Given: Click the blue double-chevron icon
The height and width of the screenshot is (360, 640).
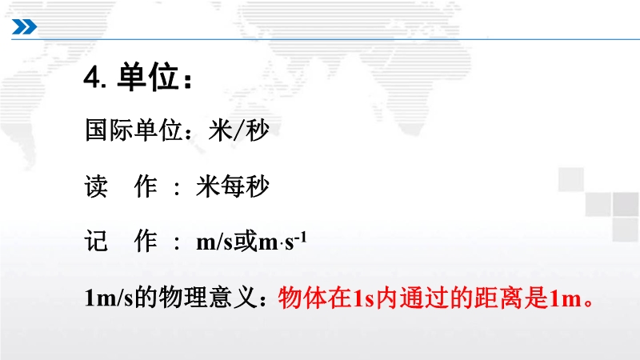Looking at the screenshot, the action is pyautogui.click(x=24, y=27).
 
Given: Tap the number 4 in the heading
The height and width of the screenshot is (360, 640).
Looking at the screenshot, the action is pyautogui.click(x=92, y=77).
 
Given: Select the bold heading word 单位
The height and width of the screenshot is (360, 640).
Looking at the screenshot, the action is pyautogui.click(x=148, y=77).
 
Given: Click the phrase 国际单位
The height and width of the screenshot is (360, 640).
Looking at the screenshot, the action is pyautogui.click(x=134, y=130).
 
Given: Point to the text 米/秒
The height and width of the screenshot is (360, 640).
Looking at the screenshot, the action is pyautogui.click(x=238, y=130).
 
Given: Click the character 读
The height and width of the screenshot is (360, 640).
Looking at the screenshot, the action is pyautogui.click(x=96, y=186).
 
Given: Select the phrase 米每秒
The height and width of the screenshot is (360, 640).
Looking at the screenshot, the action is pyautogui.click(x=233, y=186).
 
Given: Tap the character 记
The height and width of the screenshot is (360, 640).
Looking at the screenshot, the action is pyautogui.click(x=96, y=241).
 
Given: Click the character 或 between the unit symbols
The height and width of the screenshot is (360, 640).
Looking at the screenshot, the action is pyautogui.click(x=246, y=241).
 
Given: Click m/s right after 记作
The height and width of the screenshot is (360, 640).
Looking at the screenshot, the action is pyautogui.click(x=214, y=242).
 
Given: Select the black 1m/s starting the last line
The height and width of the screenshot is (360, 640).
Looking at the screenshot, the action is pyautogui.click(x=109, y=297).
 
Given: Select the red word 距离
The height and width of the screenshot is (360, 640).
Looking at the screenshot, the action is pyautogui.click(x=498, y=297).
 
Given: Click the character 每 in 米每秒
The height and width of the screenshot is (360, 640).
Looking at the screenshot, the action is pyautogui.click(x=233, y=186).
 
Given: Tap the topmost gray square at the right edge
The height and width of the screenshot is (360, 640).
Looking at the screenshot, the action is pyautogui.click(x=571, y=179).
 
